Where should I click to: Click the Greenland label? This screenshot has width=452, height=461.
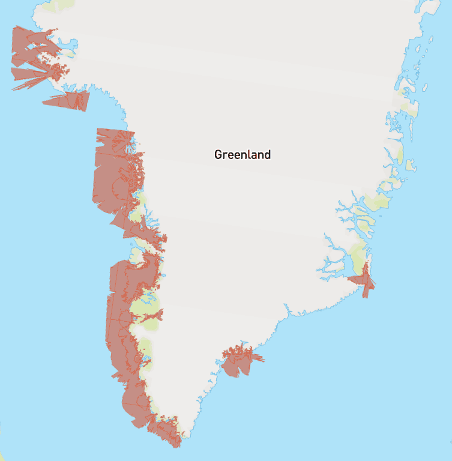pos(243,155)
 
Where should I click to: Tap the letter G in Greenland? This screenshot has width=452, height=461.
pos(218,155)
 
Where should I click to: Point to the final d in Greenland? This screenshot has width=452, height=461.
pos(268,155)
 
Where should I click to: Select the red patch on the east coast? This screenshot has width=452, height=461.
pos(362,279)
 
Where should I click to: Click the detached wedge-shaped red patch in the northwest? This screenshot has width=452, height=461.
pos(72,100)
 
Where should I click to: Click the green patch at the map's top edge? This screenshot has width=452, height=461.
pos(50,6)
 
